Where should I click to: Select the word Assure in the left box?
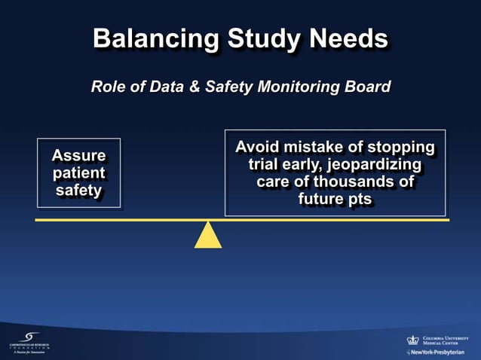coord(78,156)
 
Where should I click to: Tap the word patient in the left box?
coord(78,173)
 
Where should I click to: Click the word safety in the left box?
coord(78,191)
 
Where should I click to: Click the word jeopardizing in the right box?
coord(376,164)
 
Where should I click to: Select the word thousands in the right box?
coord(355,182)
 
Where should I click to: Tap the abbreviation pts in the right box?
coord(357,200)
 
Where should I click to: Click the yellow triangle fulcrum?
coord(208,236)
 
